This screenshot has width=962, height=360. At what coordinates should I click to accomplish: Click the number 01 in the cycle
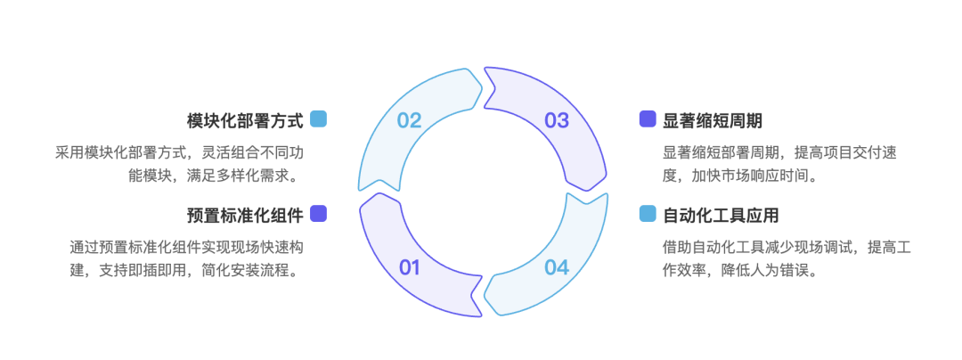[x=409, y=267]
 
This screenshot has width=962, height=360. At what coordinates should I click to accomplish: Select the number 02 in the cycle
[x=409, y=120]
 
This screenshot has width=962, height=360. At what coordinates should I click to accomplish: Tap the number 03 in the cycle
[x=557, y=120]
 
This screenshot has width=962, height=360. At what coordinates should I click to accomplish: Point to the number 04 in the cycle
[x=557, y=267]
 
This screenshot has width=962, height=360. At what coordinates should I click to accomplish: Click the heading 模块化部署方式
[x=245, y=120]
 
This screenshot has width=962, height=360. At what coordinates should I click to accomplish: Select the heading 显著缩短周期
[x=713, y=120]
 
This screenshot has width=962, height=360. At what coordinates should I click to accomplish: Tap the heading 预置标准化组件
[x=245, y=216]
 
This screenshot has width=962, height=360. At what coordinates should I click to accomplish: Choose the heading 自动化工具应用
[x=721, y=216]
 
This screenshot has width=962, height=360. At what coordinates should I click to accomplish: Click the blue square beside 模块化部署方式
[x=318, y=119]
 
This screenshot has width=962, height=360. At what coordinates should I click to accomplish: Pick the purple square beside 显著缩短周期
[x=648, y=119]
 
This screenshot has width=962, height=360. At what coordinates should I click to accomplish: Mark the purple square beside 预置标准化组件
[x=318, y=214]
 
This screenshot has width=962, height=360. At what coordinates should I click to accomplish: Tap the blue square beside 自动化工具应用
[x=648, y=214]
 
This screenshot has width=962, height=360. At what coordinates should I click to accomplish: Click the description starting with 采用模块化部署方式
[x=178, y=164]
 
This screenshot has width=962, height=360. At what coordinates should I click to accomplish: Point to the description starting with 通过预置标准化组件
[x=186, y=258]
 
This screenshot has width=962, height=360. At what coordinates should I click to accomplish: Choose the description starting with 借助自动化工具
[x=787, y=258]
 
